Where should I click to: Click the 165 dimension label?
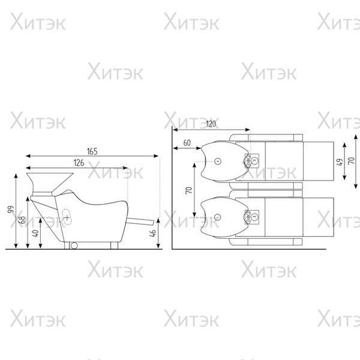point(92,152)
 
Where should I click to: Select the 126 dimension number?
point(79,163)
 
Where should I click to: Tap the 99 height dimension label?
point(11,209)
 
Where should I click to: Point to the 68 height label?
point(23,220)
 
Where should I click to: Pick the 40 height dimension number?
point(35,233)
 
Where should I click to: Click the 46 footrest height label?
point(152,233)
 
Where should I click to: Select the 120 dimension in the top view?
point(211,124)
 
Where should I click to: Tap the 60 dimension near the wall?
point(187,143)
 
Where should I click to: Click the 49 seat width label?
point(340,162)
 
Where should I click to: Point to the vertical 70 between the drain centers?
point(189,190)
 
